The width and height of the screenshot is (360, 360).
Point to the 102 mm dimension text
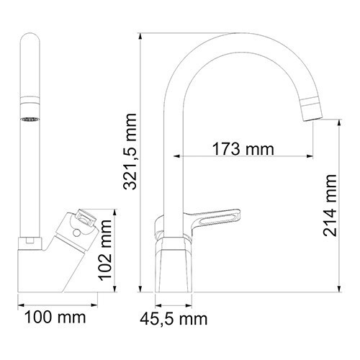pos(105,249)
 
